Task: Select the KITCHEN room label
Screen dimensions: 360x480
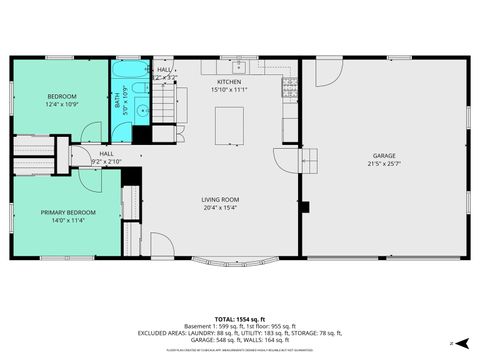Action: pos(228,83)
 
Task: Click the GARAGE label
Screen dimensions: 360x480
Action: pos(383,155)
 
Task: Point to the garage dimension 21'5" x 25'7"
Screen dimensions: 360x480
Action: pos(383,163)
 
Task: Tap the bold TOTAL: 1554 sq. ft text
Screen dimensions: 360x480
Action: pos(239,315)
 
